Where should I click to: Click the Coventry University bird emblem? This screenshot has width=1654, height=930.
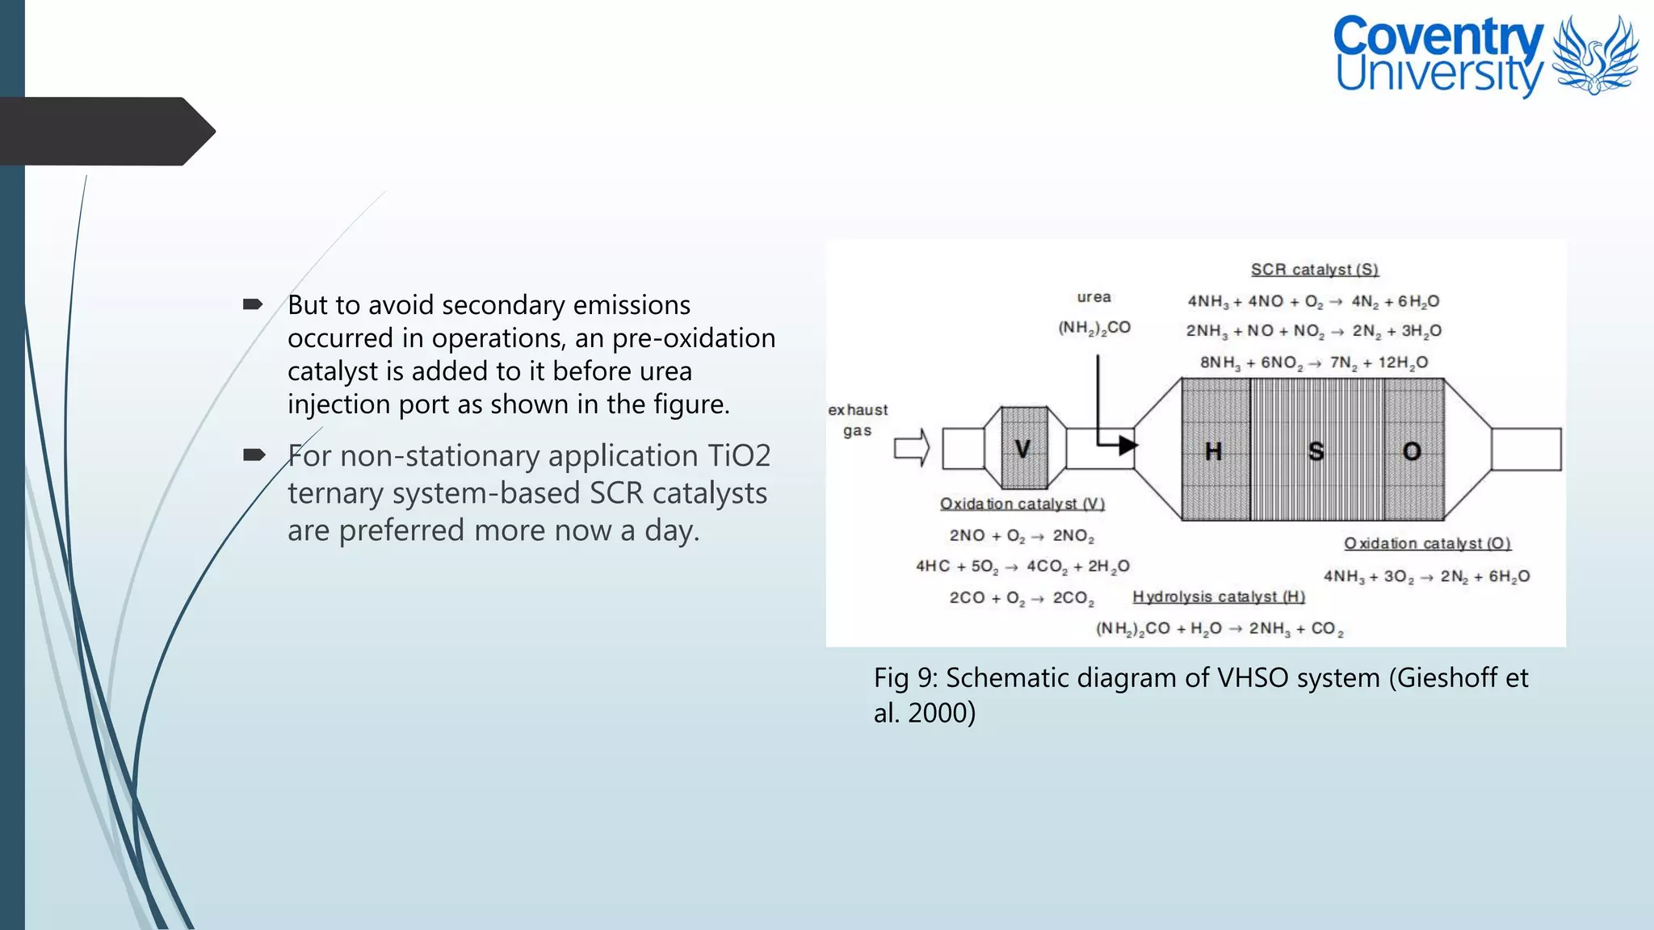tap(1594, 55)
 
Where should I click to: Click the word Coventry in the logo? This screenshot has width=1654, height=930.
tap(1438, 37)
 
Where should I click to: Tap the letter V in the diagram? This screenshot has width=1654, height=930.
tap(1022, 448)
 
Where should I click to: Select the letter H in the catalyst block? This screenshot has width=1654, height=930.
tap(1213, 451)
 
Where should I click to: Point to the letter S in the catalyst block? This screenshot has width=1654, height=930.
tap(1316, 451)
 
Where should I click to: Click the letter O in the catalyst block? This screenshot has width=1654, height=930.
tap(1412, 451)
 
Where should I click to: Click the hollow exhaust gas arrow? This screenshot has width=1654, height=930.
tap(912, 447)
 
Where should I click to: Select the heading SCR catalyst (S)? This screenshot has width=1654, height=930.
tap(1315, 270)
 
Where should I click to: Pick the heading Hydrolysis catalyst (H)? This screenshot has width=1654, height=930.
tap(1219, 597)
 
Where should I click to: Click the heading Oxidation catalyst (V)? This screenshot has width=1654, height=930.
tap(1022, 504)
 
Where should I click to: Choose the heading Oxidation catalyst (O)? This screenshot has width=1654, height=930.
tap(1427, 543)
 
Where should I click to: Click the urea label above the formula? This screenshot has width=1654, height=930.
tap(1094, 297)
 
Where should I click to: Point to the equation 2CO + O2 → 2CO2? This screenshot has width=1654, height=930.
tap(1021, 598)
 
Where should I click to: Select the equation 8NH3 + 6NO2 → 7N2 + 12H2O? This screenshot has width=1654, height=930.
tap(1313, 362)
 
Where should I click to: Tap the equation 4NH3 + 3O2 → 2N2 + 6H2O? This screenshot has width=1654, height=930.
tap(1426, 576)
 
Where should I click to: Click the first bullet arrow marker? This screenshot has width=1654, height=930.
tap(253, 304)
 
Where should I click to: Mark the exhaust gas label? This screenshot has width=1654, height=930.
tap(858, 420)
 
